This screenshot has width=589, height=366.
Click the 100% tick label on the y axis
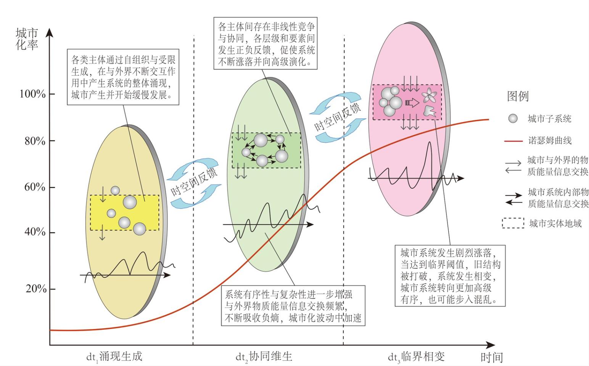32,94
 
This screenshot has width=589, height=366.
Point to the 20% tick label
36,289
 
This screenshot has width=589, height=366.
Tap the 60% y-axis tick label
34,187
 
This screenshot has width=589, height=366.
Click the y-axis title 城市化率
27,39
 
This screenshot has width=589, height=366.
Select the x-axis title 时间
492,357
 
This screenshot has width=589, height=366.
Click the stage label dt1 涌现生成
114,357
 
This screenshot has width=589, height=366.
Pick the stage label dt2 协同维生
264,357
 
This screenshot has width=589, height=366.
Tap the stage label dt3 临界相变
416,357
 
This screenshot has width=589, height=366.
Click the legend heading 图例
518,96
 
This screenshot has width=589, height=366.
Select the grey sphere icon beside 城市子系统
513,119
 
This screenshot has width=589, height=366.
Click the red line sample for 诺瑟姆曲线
513,141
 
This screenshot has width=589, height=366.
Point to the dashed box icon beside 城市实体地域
513,223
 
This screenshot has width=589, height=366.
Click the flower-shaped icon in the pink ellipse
427,95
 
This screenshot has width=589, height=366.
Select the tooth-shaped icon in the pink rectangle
430,110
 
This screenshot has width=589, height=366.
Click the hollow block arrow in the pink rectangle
412,102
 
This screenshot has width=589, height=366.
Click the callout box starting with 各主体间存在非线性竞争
267,44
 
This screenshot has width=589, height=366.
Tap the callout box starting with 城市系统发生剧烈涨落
450,276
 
